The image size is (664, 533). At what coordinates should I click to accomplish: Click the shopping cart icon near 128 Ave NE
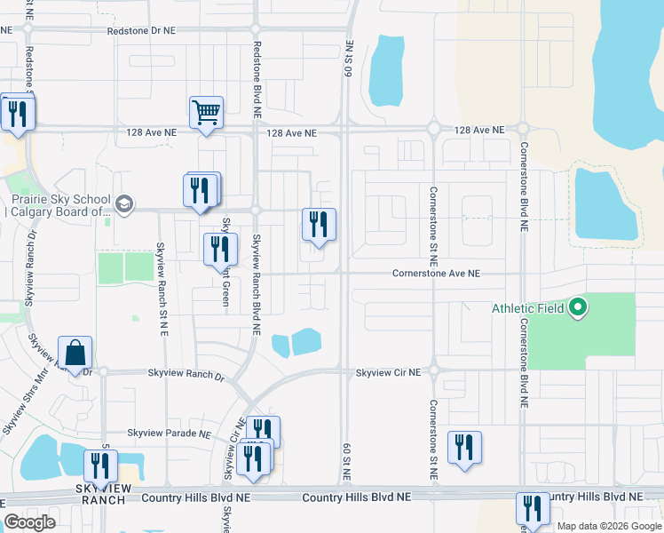pyautogui.click(x=206, y=113)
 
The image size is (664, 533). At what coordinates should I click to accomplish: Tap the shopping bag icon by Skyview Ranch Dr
pyautogui.click(x=75, y=353)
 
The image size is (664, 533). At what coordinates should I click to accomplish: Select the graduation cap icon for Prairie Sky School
pyautogui.click(x=124, y=204)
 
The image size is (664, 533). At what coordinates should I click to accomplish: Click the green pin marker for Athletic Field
pyautogui.click(x=578, y=309)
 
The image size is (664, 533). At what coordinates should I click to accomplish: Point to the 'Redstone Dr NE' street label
pyautogui.click(x=141, y=29)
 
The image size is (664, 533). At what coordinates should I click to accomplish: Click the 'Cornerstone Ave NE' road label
pyautogui.click(x=436, y=274)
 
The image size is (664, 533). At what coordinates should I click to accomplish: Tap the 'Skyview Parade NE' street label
pyautogui.click(x=169, y=434)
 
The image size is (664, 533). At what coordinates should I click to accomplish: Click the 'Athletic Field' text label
pyautogui.click(x=529, y=309)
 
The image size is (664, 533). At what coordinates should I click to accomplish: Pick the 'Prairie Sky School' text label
pyautogui.click(x=59, y=205)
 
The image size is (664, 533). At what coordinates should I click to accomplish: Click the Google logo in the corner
pyautogui.click(x=29, y=521)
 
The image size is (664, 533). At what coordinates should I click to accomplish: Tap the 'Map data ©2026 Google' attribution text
pyautogui.click(x=609, y=526)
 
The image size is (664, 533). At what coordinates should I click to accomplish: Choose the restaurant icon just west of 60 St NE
pyautogui.click(x=318, y=224)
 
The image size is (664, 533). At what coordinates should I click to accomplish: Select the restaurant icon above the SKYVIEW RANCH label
pyautogui.click(x=100, y=466)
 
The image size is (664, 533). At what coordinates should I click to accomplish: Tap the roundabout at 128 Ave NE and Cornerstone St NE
pyautogui.click(x=434, y=129)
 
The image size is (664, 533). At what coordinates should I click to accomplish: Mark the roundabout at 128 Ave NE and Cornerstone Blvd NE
pyautogui.click(x=522, y=129)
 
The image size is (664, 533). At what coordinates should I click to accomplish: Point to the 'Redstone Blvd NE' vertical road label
pyautogui.click(x=256, y=80)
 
